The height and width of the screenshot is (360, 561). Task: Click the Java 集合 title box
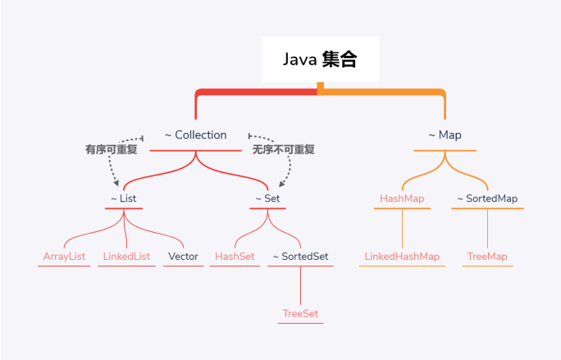[x=320, y=59]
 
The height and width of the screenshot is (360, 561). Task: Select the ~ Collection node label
[x=195, y=135]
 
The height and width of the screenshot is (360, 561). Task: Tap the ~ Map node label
[x=445, y=135]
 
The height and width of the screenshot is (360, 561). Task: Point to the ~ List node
[x=124, y=198]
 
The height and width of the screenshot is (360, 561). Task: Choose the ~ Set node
[x=268, y=198]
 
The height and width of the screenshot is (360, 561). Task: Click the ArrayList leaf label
[x=65, y=257]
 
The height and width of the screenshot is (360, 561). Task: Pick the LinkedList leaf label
[x=126, y=257]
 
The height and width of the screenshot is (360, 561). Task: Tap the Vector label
[x=183, y=257]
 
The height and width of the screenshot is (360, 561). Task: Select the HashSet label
[x=235, y=257]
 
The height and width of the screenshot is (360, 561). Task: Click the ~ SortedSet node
[x=300, y=257]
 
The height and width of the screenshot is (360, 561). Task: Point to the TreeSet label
[x=300, y=314]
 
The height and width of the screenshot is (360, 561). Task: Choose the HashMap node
[x=401, y=198]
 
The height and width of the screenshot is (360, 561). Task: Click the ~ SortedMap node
[x=487, y=198]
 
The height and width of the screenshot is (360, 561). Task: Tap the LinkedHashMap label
[x=401, y=257]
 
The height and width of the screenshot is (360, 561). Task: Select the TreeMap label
[x=487, y=257]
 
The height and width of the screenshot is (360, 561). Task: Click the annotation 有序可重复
[x=111, y=150]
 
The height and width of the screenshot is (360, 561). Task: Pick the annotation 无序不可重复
[x=284, y=150]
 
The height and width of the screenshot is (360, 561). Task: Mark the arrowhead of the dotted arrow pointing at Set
[x=283, y=185]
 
